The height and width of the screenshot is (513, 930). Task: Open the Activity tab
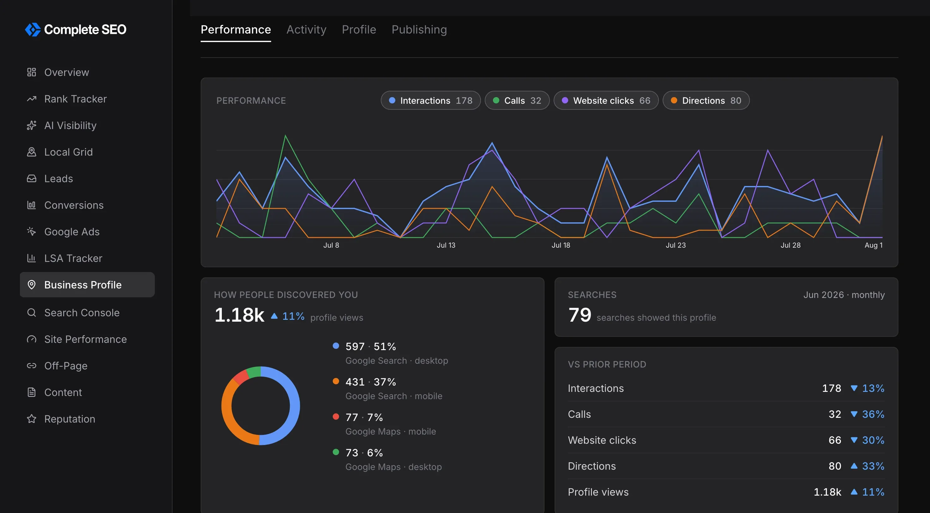click(x=306, y=29)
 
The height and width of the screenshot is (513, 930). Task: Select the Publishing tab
click(x=419, y=29)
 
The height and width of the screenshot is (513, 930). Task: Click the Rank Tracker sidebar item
click(x=75, y=99)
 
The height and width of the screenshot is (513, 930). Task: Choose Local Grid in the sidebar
click(x=68, y=152)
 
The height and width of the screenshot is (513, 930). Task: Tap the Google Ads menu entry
click(x=71, y=232)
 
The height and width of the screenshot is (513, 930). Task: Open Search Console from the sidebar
click(x=82, y=312)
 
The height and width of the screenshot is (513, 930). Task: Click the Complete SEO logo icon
click(x=33, y=30)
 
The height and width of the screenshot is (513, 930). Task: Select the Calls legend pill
click(x=517, y=101)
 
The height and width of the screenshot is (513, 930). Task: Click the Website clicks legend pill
click(x=606, y=101)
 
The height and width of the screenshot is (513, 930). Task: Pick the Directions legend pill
click(x=706, y=101)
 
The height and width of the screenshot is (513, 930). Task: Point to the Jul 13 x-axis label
click(x=446, y=245)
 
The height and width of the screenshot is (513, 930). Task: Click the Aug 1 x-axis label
click(x=873, y=245)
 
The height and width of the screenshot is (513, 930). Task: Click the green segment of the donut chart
click(x=254, y=372)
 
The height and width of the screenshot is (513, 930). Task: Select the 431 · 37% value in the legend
click(x=370, y=381)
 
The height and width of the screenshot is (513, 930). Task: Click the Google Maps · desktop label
click(x=393, y=467)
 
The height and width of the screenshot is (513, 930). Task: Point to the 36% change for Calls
click(x=873, y=414)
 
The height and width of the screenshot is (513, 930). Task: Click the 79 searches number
click(x=580, y=315)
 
